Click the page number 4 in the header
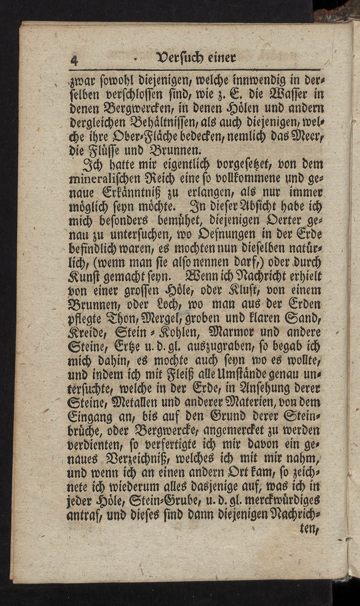[x=74, y=61]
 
